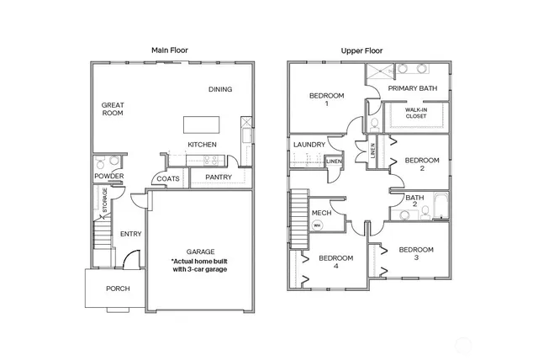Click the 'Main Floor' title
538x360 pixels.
coord(170,50)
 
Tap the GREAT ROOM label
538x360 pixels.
coord(113,110)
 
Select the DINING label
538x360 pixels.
coord(220,89)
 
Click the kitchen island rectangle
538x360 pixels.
coord(203,124)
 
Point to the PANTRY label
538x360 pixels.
coord(218,177)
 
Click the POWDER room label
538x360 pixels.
coord(108,176)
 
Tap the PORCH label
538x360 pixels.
coord(117,289)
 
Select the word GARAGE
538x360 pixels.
coord(200,251)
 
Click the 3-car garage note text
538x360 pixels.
coord(200,267)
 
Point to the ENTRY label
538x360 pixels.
coord(130,234)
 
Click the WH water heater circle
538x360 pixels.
coord(317,225)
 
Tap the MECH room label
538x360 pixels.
coord(320,213)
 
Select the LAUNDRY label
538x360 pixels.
coord(309,145)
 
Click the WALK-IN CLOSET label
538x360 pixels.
coord(415,113)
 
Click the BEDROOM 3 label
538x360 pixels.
coord(415,254)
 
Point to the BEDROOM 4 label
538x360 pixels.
coord(336,262)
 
